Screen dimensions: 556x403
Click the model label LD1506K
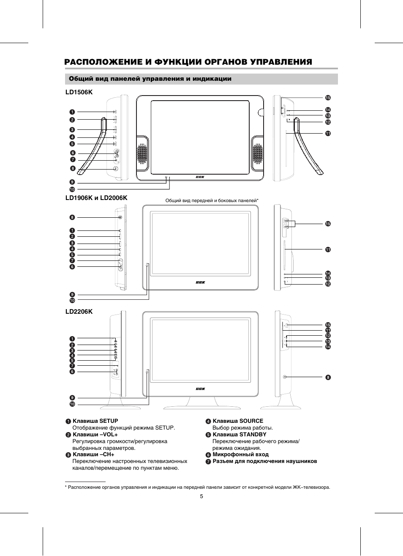(79, 92)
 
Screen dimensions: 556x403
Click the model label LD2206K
(79, 312)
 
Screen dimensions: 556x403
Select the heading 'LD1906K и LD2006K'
(96, 198)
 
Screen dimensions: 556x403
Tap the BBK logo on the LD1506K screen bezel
(200, 177)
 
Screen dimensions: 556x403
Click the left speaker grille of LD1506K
(142, 154)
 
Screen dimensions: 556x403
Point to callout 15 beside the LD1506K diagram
(327, 98)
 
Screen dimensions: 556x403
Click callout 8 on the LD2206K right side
(328, 377)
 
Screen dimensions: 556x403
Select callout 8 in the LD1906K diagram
(72, 217)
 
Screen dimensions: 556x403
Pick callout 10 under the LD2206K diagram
(72, 404)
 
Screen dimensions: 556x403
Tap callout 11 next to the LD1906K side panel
(328, 250)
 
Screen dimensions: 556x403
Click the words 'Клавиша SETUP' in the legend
(95, 421)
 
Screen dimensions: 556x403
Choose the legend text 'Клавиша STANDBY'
(239, 435)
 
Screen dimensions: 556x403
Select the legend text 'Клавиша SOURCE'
(237, 421)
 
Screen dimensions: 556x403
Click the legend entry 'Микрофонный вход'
(240, 455)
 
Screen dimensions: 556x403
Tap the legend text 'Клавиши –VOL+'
(95, 435)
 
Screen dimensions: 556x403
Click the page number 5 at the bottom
(201, 496)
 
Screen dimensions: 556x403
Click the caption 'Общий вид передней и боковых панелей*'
(212, 200)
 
